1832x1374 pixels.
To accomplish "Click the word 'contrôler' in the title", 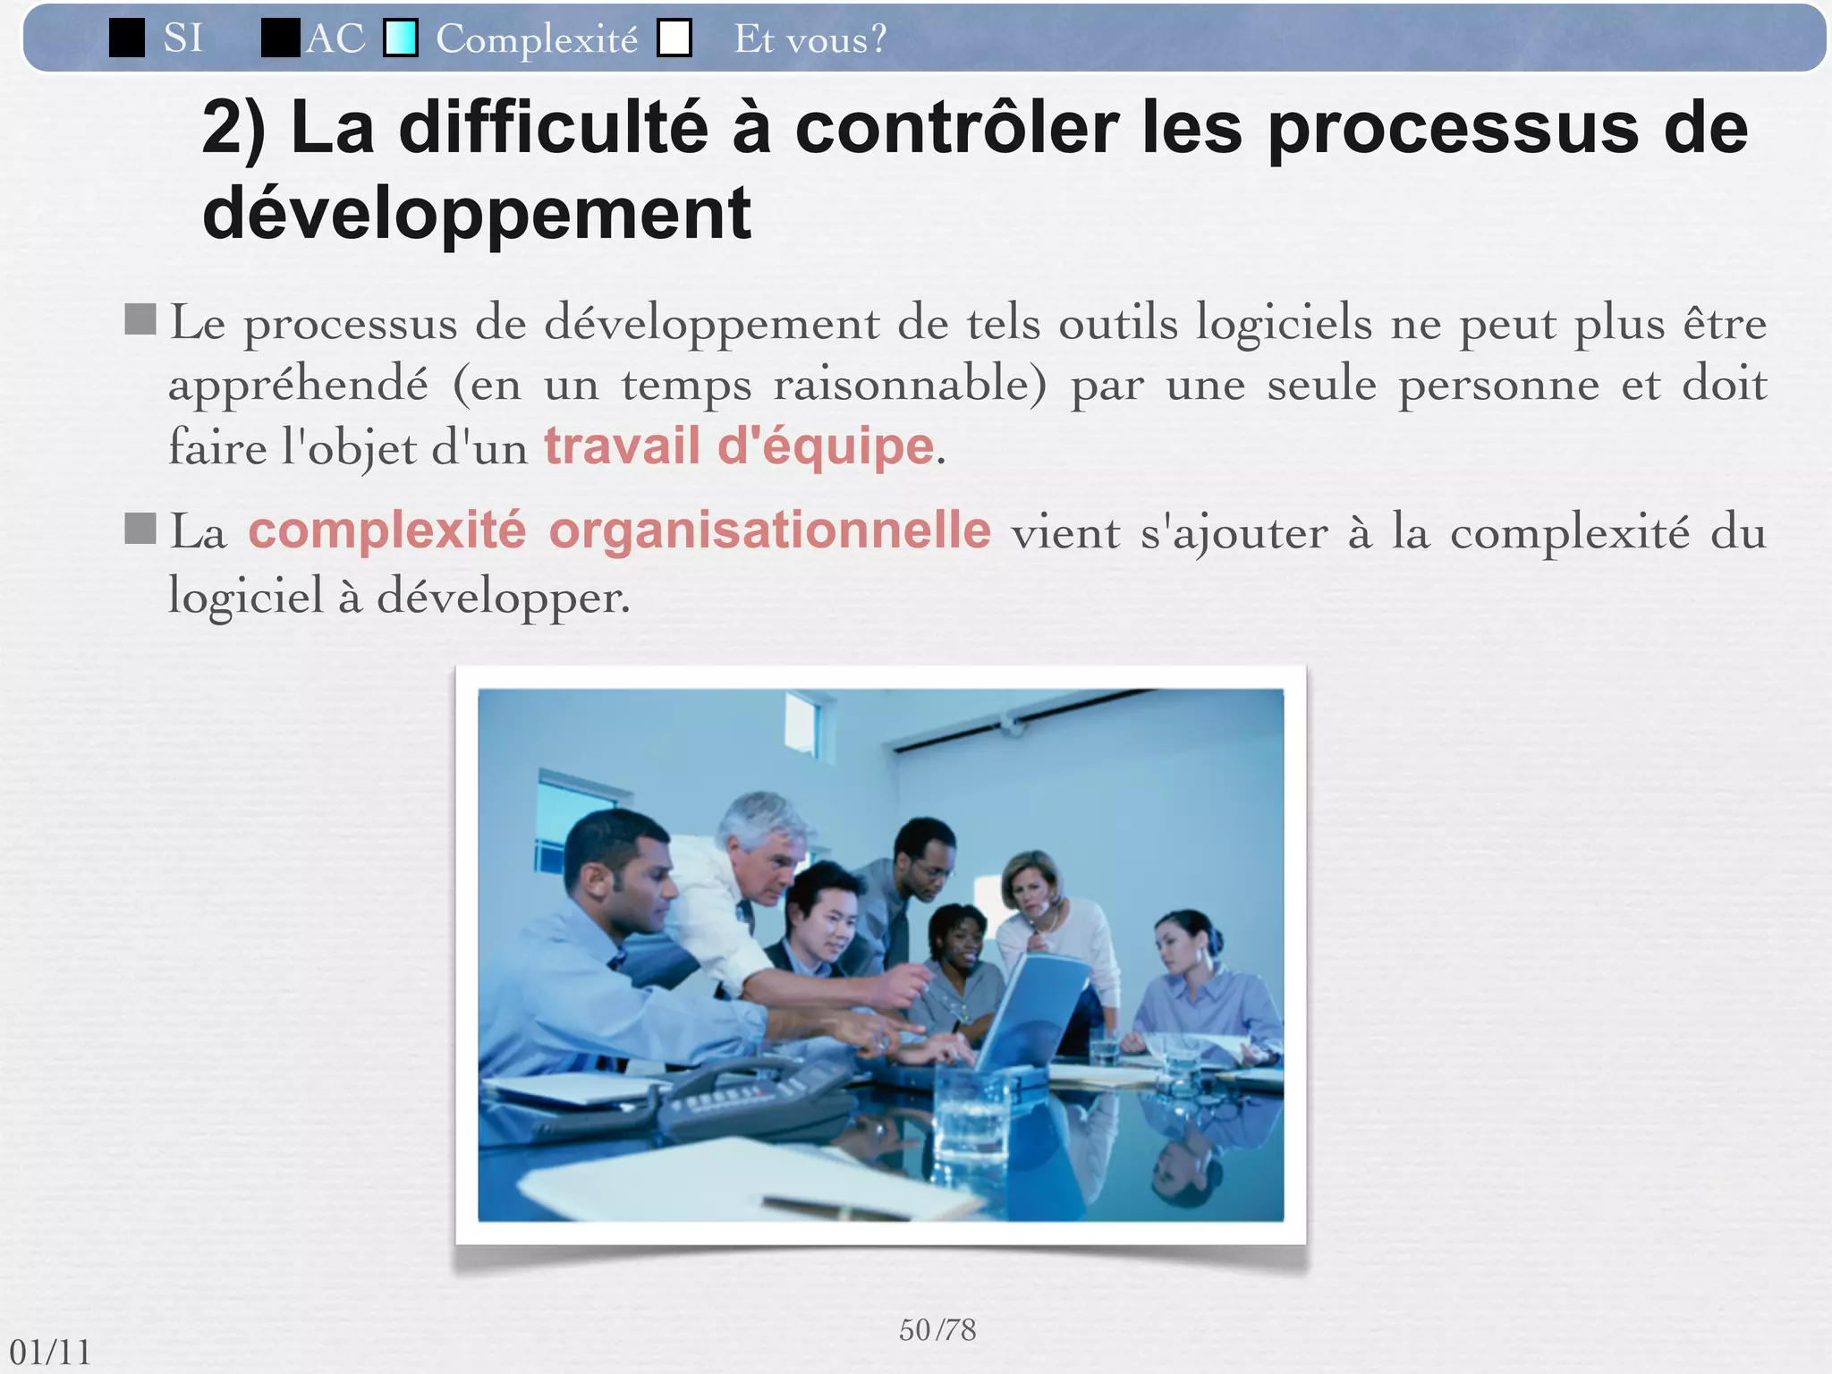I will (x=956, y=128).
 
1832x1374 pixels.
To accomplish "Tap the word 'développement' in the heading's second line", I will (x=477, y=213).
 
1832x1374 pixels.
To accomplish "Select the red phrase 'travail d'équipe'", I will (x=739, y=445).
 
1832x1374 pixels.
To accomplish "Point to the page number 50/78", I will (x=937, y=1330).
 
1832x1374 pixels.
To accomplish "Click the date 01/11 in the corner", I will (x=50, y=1352).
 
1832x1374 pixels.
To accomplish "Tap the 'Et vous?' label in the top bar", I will (x=810, y=38).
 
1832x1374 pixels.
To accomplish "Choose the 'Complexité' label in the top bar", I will (x=537, y=38).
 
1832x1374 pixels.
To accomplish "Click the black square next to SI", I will (x=127, y=38).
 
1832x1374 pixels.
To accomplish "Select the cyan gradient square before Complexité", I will (x=401, y=38).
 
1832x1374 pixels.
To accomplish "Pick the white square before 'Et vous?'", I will (x=674, y=38).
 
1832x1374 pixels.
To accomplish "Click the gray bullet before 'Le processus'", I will (x=140, y=318).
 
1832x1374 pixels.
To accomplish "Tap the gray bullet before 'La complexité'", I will (x=140, y=528).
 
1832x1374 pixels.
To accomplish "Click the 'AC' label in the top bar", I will (x=335, y=38).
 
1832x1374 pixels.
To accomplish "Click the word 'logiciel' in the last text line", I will (x=246, y=596).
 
